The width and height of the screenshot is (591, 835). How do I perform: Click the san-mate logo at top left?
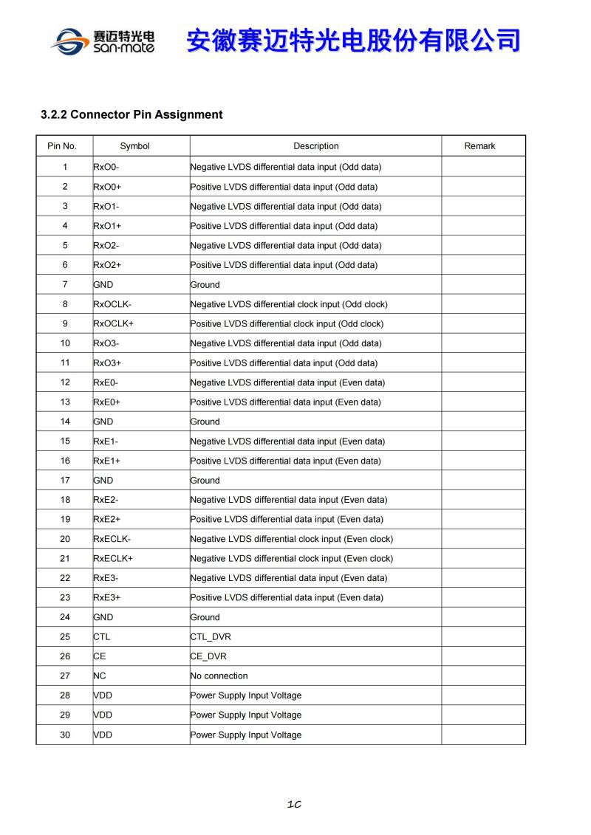click(x=103, y=41)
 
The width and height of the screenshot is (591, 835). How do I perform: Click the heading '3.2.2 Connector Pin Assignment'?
click(x=131, y=114)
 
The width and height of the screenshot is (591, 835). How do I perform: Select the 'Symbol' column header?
click(x=134, y=146)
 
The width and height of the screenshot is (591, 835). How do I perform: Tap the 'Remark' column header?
click(x=479, y=146)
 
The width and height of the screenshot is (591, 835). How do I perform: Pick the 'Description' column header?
click(x=315, y=146)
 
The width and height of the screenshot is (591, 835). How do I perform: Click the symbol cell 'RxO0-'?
click(x=106, y=167)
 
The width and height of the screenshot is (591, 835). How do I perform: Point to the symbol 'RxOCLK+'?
click(x=113, y=323)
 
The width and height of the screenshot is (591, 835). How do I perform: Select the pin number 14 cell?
click(x=65, y=422)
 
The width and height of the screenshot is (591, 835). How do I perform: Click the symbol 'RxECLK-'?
click(x=112, y=539)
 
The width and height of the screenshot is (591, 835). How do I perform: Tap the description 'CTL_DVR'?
click(x=211, y=636)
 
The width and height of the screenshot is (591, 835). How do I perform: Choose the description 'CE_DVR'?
click(x=208, y=656)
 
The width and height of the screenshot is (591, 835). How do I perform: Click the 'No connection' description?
click(x=219, y=676)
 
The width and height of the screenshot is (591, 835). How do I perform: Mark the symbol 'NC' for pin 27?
click(x=100, y=676)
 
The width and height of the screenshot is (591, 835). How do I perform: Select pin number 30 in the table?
click(x=65, y=735)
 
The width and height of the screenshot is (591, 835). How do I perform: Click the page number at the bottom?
click(x=294, y=804)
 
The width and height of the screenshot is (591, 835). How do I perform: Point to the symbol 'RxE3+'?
click(x=106, y=597)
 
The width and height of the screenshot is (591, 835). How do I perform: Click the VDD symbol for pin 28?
click(x=103, y=695)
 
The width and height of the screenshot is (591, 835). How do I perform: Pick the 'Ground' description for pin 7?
click(x=205, y=284)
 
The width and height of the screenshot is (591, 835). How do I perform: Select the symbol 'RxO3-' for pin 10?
click(x=106, y=343)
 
